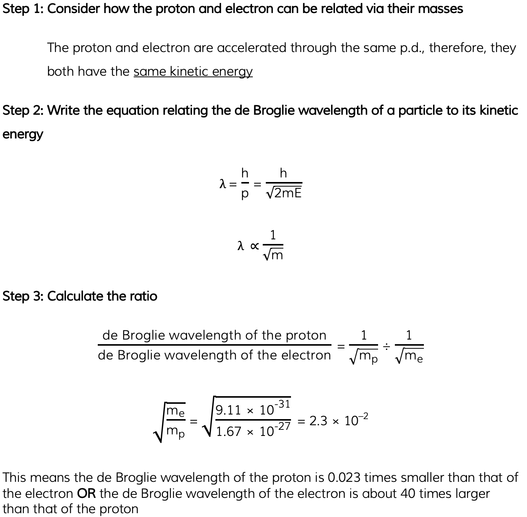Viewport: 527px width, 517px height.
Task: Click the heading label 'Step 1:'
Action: tap(23, 8)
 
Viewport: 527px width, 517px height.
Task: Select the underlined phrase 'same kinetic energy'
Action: tap(193, 72)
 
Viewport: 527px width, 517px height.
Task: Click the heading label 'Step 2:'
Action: tap(23, 111)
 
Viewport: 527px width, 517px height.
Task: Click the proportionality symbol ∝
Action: tap(254, 246)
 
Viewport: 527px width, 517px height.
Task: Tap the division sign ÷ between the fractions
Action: tap(386, 346)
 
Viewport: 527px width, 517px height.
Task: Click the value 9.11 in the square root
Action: tap(228, 410)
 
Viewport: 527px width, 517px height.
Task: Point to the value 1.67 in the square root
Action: tap(228, 432)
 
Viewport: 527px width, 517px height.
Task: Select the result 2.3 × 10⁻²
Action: tap(338, 421)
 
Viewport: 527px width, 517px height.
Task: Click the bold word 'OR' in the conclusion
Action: tap(86, 494)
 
